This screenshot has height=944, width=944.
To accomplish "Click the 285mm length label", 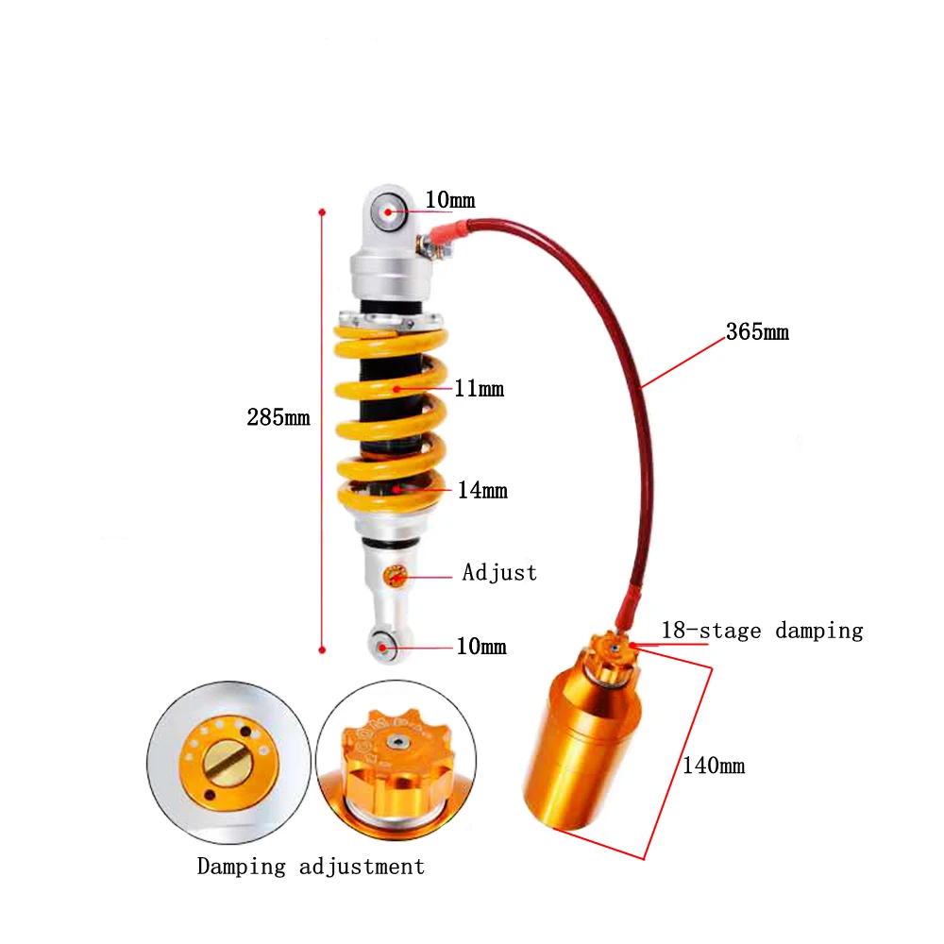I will point(278,416).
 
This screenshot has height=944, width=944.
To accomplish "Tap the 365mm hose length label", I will point(757,332).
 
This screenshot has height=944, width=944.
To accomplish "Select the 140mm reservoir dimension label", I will point(714,766).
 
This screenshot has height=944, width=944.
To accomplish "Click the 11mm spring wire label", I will point(479,388).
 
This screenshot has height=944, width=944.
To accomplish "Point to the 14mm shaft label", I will point(482,490).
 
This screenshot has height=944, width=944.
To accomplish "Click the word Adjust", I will point(499,572).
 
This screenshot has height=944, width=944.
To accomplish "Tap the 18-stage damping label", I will point(762,631).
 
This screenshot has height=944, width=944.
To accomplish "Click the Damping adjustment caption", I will point(311,866).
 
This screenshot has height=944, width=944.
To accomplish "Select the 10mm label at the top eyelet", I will point(449,200).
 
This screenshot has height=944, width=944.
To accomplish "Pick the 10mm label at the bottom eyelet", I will point(480,647).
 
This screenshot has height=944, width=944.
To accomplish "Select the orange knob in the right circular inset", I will point(393,755).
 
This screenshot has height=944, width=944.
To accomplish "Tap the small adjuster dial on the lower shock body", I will point(396,575).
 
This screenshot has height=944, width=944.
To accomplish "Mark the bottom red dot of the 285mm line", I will point(322,649).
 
